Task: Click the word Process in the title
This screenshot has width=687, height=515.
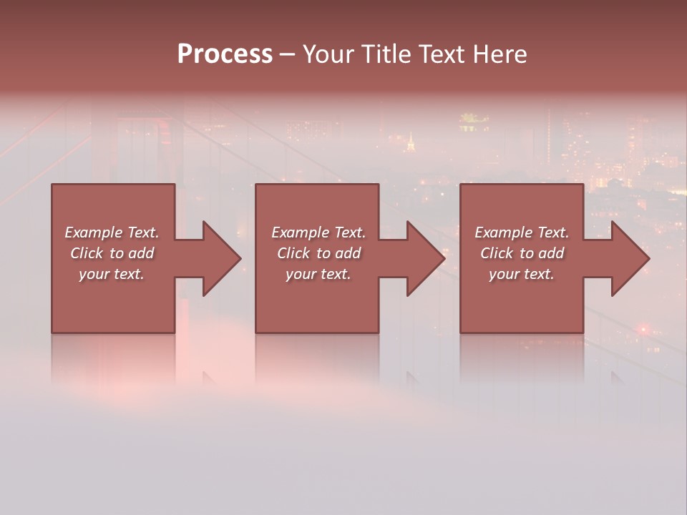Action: click(225, 54)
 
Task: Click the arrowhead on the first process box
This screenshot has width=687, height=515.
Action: click(219, 258)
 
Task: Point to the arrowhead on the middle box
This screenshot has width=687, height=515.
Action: click(424, 258)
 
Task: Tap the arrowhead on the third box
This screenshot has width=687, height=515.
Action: click(628, 258)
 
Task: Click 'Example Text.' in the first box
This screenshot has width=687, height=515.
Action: click(112, 232)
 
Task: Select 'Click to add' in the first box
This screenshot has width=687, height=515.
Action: click(112, 253)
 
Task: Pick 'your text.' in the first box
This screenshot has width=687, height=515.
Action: click(112, 274)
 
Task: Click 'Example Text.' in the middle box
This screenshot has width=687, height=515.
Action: click(318, 232)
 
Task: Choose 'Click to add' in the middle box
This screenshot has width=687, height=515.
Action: click(318, 253)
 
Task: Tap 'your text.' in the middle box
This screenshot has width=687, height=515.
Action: click(318, 274)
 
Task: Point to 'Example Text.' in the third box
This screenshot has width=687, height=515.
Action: click(522, 232)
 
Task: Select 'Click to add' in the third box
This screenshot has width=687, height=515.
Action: click(522, 253)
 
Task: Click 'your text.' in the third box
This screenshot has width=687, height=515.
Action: click(522, 274)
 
